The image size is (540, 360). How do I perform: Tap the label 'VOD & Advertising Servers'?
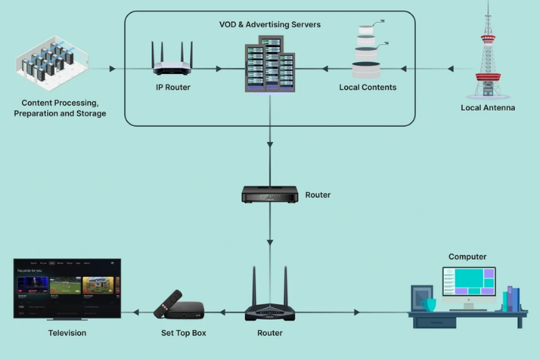click(269, 25)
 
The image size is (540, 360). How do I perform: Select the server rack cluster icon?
click(269, 64)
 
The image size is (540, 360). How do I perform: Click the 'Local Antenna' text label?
click(488, 108)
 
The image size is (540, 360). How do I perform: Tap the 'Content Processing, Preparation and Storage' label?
click(59, 109)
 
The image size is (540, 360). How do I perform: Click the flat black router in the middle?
click(269, 194)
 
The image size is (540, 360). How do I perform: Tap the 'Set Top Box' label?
click(183, 333)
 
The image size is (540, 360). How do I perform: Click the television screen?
click(67, 287)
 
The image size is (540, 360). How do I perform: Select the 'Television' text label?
click(67, 333)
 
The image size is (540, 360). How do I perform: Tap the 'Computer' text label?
click(467, 257)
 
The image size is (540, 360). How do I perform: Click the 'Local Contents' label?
click(368, 87)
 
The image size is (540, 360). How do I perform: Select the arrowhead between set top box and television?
click(136, 312)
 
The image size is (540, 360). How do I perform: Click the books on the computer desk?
click(513, 298)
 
